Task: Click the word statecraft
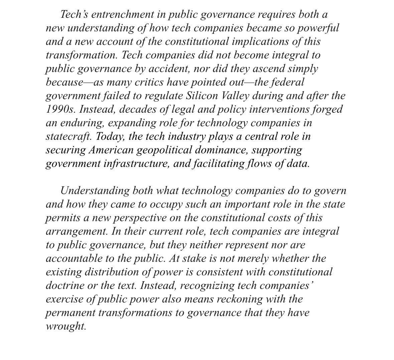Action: coord(69,137)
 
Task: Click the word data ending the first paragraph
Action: coord(298,164)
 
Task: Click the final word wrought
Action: coord(66,326)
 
